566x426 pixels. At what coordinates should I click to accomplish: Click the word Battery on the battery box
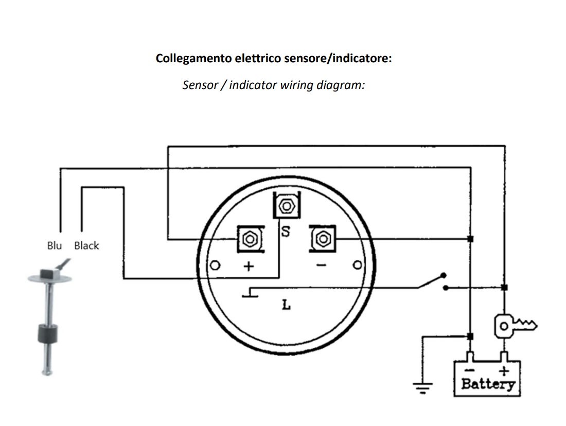(x=487, y=384)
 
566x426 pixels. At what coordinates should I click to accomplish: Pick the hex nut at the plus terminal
(x=250, y=239)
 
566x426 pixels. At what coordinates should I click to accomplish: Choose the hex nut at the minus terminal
(x=323, y=239)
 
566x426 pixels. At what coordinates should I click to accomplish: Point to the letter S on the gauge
(x=285, y=232)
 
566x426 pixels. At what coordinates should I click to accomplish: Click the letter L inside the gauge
(x=286, y=305)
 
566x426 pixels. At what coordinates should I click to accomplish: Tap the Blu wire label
(x=55, y=245)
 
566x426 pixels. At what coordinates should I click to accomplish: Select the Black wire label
(x=86, y=245)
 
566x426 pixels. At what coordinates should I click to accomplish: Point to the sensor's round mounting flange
(x=46, y=278)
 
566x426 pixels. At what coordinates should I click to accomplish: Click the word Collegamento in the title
(x=193, y=58)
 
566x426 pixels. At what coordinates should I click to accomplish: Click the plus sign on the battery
(x=504, y=370)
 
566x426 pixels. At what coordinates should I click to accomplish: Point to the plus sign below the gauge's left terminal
(x=249, y=266)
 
